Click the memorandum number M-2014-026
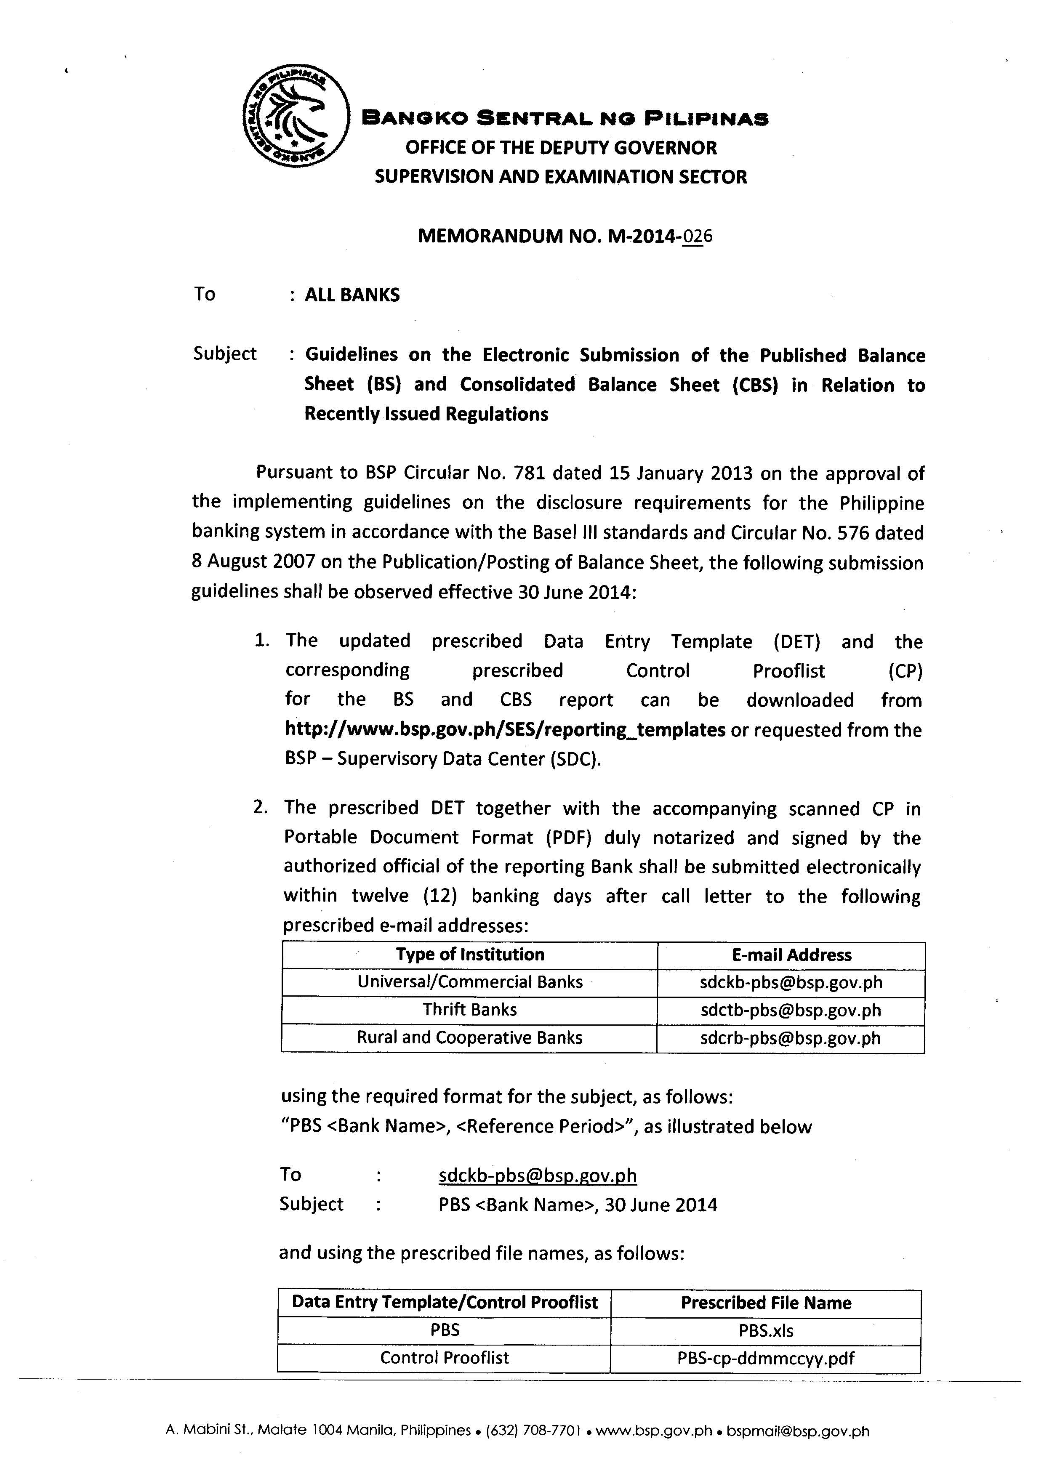(565, 237)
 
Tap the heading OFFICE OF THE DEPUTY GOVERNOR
(561, 148)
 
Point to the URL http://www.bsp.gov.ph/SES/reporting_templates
(505, 730)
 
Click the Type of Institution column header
(470, 955)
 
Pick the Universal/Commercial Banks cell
(470, 982)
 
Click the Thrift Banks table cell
(470, 1010)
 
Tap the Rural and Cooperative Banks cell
(470, 1037)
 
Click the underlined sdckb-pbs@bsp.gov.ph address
(538, 1176)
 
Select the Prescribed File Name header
(766, 1303)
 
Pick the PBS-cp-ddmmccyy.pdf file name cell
(766, 1358)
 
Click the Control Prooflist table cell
(444, 1358)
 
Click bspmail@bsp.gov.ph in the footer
(797, 1431)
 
